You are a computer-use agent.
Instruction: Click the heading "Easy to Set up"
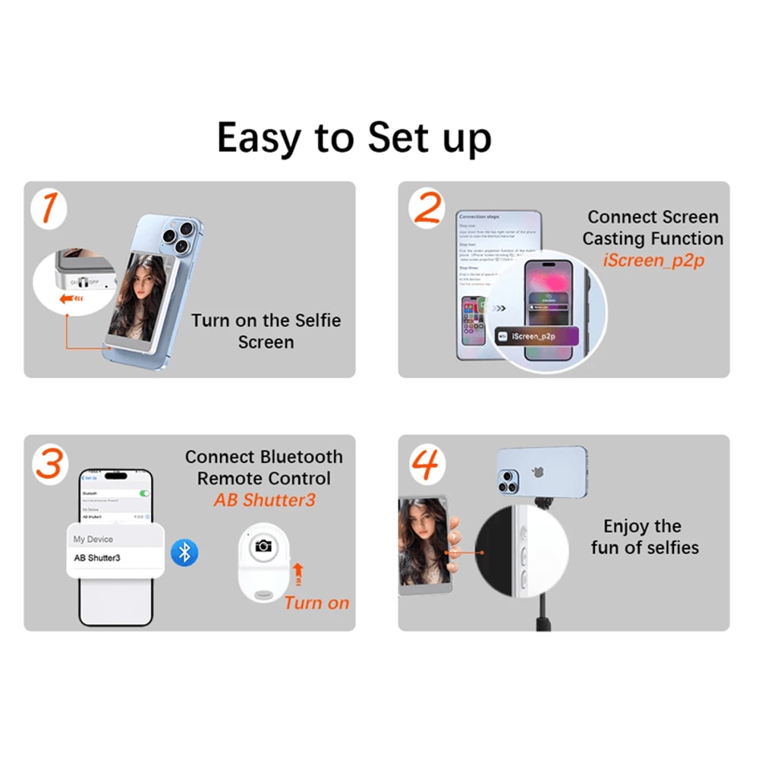coord(354,137)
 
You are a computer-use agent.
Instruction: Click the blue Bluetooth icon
coord(184,552)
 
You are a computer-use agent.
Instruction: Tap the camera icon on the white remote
coord(263,546)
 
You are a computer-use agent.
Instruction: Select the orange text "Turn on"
coord(317,603)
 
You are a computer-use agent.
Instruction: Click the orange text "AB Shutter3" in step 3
coord(264,501)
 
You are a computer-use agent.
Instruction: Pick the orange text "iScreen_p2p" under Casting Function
coord(652,260)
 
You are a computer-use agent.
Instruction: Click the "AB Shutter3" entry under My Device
coord(97,558)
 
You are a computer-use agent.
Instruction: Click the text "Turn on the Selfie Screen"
coord(266,331)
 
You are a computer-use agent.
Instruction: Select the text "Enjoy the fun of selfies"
coord(644,537)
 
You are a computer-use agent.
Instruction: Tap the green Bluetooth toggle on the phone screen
coord(145,493)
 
